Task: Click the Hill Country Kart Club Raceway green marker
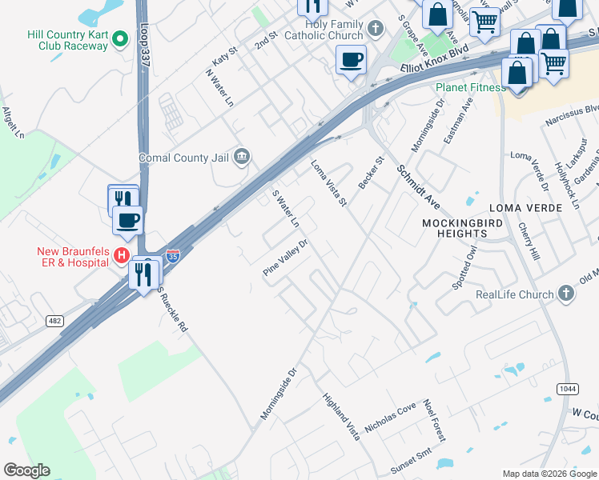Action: (119, 38)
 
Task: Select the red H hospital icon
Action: (121, 255)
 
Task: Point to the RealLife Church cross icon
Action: (567, 294)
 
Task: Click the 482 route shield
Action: (54, 321)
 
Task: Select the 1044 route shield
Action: (567, 388)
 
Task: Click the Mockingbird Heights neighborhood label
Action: (454, 226)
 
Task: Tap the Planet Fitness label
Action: (466, 87)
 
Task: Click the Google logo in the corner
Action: (26, 470)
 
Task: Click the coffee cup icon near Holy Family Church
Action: (351, 60)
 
